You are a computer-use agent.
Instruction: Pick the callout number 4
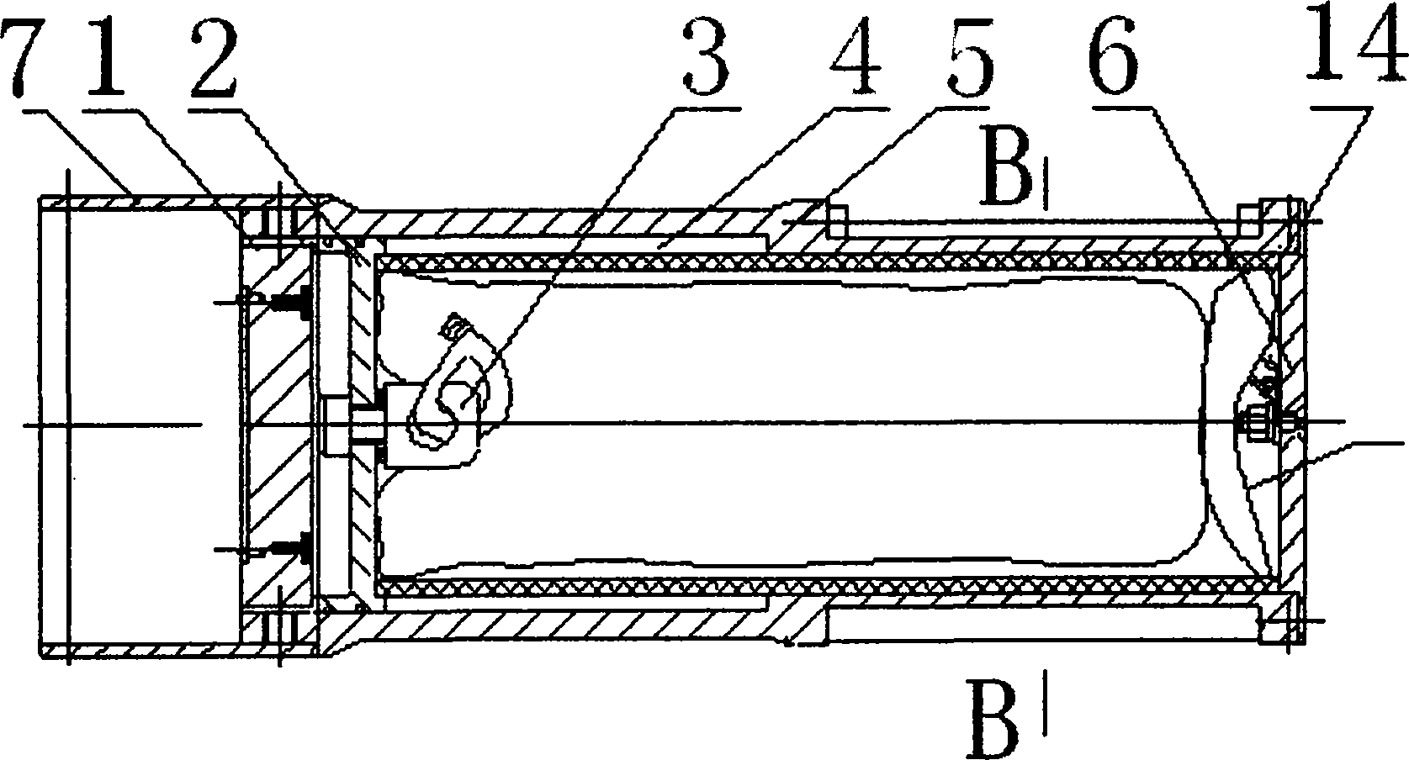pyautogui.click(x=850, y=59)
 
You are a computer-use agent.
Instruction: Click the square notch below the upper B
pyautogui.click(x=836, y=220)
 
